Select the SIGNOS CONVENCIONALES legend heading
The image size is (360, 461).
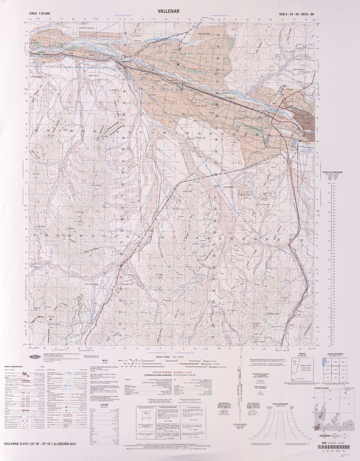[x=20, y=366]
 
